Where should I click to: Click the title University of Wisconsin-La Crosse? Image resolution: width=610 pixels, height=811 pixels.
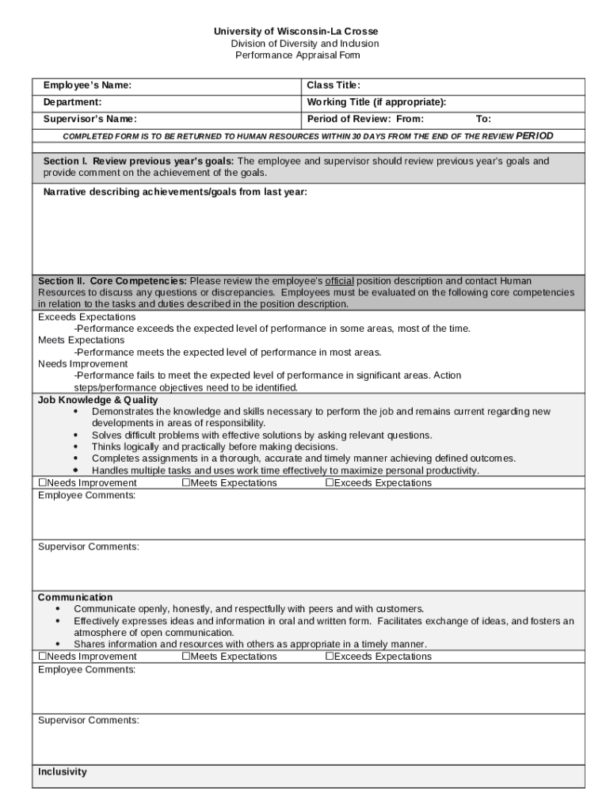pyautogui.click(x=296, y=32)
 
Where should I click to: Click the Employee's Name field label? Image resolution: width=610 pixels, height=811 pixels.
pyautogui.click(x=87, y=86)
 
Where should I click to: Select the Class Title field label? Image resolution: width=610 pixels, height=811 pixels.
pyautogui.click(x=334, y=86)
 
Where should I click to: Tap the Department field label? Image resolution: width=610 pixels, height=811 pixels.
pyautogui.click(x=72, y=102)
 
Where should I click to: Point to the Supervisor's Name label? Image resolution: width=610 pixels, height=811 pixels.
pyautogui.click(x=90, y=120)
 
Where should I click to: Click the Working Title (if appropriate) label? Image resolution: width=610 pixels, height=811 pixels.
pyautogui.click(x=376, y=102)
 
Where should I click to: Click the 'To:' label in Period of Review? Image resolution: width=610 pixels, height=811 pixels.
pyautogui.click(x=483, y=120)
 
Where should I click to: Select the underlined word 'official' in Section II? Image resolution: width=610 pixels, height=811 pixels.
pyautogui.click(x=340, y=281)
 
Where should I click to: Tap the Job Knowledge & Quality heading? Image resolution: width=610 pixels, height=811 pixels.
pyautogui.click(x=97, y=401)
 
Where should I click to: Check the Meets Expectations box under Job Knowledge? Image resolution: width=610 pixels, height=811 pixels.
pyautogui.click(x=186, y=483)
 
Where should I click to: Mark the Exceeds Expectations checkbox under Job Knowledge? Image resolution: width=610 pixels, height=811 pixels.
pyautogui.click(x=330, y=483)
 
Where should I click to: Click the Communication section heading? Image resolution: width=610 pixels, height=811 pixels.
pyautogui.click(x=75, y=597)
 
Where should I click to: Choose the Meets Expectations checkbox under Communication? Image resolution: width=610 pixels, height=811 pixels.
pyautogui.click(x=186, y=657)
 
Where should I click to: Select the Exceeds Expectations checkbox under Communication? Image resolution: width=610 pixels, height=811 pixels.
pyautogui.click(x=330, y=657)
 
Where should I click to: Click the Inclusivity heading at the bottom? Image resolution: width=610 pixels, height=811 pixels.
pyautogui.click(x=63, y=772)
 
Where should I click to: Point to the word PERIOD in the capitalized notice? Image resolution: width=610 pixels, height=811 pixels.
pyautogui.click(x=535, y=136)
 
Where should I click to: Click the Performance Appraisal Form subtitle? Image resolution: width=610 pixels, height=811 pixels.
pyautogui.click(x=298, y=55)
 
